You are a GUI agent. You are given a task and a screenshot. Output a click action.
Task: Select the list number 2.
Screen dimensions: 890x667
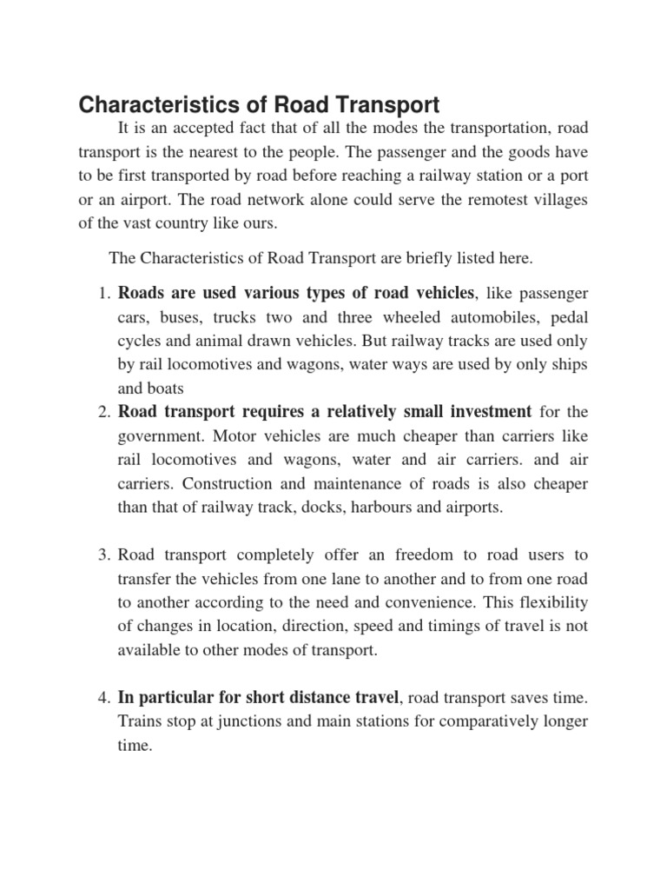(x=101, y=411)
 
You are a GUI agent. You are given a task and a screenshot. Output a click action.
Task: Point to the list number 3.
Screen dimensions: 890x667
(x=101, y=555)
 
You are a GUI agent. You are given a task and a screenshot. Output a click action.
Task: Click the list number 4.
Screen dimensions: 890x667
(x=101, y=697)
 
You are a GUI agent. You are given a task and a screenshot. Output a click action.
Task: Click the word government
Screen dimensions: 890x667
(x=154, y=435)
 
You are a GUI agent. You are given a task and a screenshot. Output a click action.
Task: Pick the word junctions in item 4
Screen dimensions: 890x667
(x=228, y=721)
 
